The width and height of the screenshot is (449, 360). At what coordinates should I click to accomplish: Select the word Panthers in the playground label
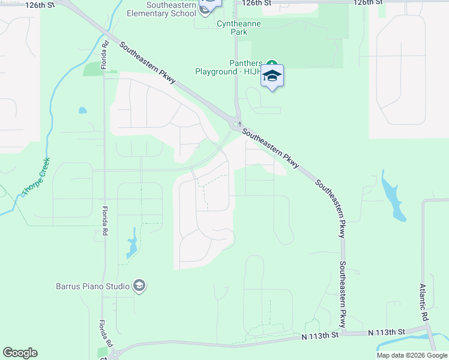(246, 63)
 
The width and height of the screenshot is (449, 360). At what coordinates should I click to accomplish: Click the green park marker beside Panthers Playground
(272, 63)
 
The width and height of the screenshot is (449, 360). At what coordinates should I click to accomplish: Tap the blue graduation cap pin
(272, 76)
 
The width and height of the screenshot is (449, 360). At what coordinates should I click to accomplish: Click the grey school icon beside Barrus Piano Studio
(139, 285)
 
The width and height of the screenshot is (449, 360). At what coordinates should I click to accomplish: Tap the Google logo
(20, 353)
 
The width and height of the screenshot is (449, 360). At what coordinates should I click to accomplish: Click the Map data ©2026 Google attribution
(412, 355)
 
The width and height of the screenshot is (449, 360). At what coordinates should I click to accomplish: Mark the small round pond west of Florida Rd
(82, 110)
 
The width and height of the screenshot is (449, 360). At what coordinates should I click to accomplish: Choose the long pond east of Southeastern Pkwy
(392, 195)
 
